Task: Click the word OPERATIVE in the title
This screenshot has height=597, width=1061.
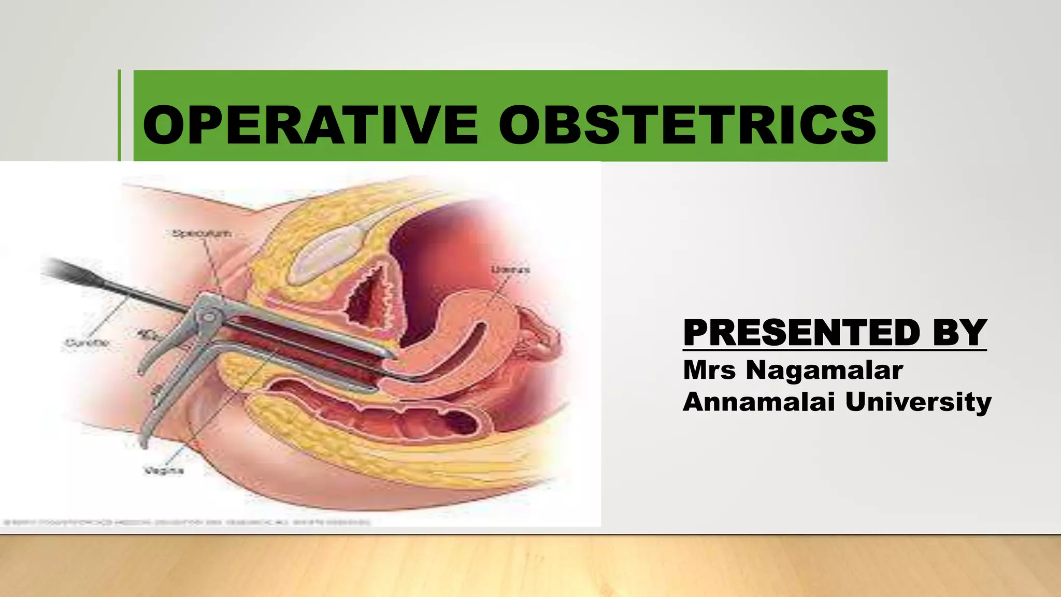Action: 309,125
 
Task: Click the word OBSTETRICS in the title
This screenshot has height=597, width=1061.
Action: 687,125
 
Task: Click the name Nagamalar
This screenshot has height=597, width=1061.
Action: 824,371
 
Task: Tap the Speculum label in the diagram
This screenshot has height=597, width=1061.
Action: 202,234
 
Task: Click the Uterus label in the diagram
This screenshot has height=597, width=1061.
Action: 510,269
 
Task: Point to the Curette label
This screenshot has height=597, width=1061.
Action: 87,343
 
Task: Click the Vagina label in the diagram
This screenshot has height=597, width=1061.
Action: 163,471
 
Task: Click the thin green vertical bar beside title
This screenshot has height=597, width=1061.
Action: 119,115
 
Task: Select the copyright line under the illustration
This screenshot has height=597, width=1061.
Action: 187,522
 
